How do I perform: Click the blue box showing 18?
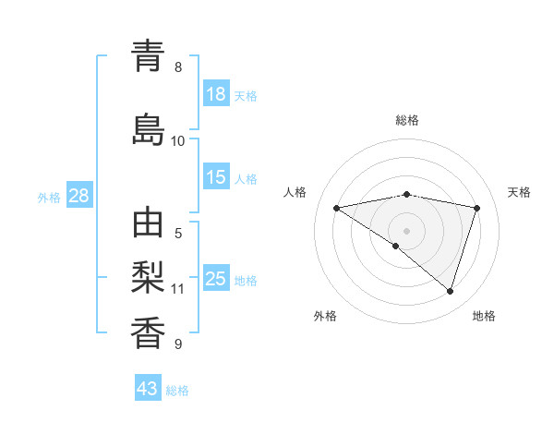[216, 95]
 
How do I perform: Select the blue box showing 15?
[216, 178]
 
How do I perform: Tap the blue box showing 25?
[216, 279]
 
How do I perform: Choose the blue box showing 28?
[78, 196]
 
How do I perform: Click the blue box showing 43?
[148, 389]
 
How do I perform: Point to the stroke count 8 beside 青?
[178, 67]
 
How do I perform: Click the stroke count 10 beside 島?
[178, 141]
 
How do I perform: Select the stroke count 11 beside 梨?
[178, 289]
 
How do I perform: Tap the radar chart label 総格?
[407, 120]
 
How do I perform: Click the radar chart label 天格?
[520, 192]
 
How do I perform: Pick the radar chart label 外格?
[325, 316]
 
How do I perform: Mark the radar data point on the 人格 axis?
[336, 208]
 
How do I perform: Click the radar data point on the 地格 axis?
[450, 291]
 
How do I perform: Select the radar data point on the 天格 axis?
[477, 208]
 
